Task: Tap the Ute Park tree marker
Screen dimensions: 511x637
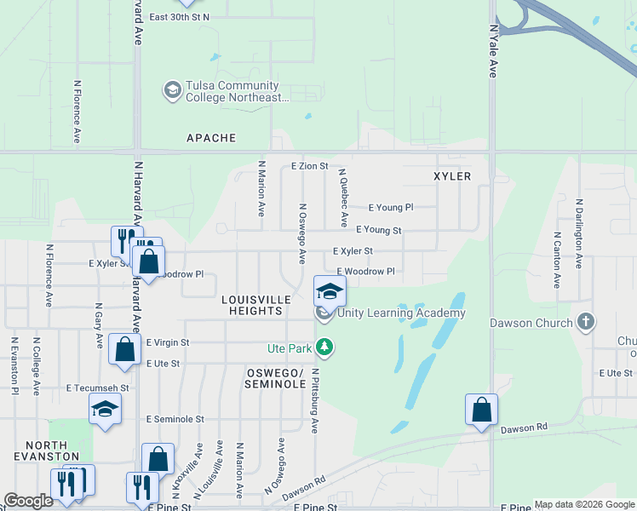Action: pos(324,347)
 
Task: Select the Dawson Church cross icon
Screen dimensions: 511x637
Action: pos(584,322)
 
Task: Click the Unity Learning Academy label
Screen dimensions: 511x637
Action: pos(401,313)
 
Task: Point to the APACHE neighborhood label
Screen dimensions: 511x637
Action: pos(211,137)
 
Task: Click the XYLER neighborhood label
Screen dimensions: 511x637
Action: pos(450,175)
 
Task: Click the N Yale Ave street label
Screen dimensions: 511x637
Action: pos(492,51)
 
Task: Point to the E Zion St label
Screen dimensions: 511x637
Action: pos(309,166)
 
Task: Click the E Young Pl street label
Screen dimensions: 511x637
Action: pos(390,207)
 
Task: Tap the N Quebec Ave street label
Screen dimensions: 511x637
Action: pos(342,197)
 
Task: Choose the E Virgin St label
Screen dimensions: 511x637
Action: pos(167,342)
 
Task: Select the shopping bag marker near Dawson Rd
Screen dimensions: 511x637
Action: pos(481,410)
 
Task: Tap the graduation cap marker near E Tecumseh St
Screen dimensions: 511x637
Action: pos(106,410)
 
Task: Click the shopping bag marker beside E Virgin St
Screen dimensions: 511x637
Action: pos(124,350)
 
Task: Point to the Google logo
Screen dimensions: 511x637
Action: pos(29,501)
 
